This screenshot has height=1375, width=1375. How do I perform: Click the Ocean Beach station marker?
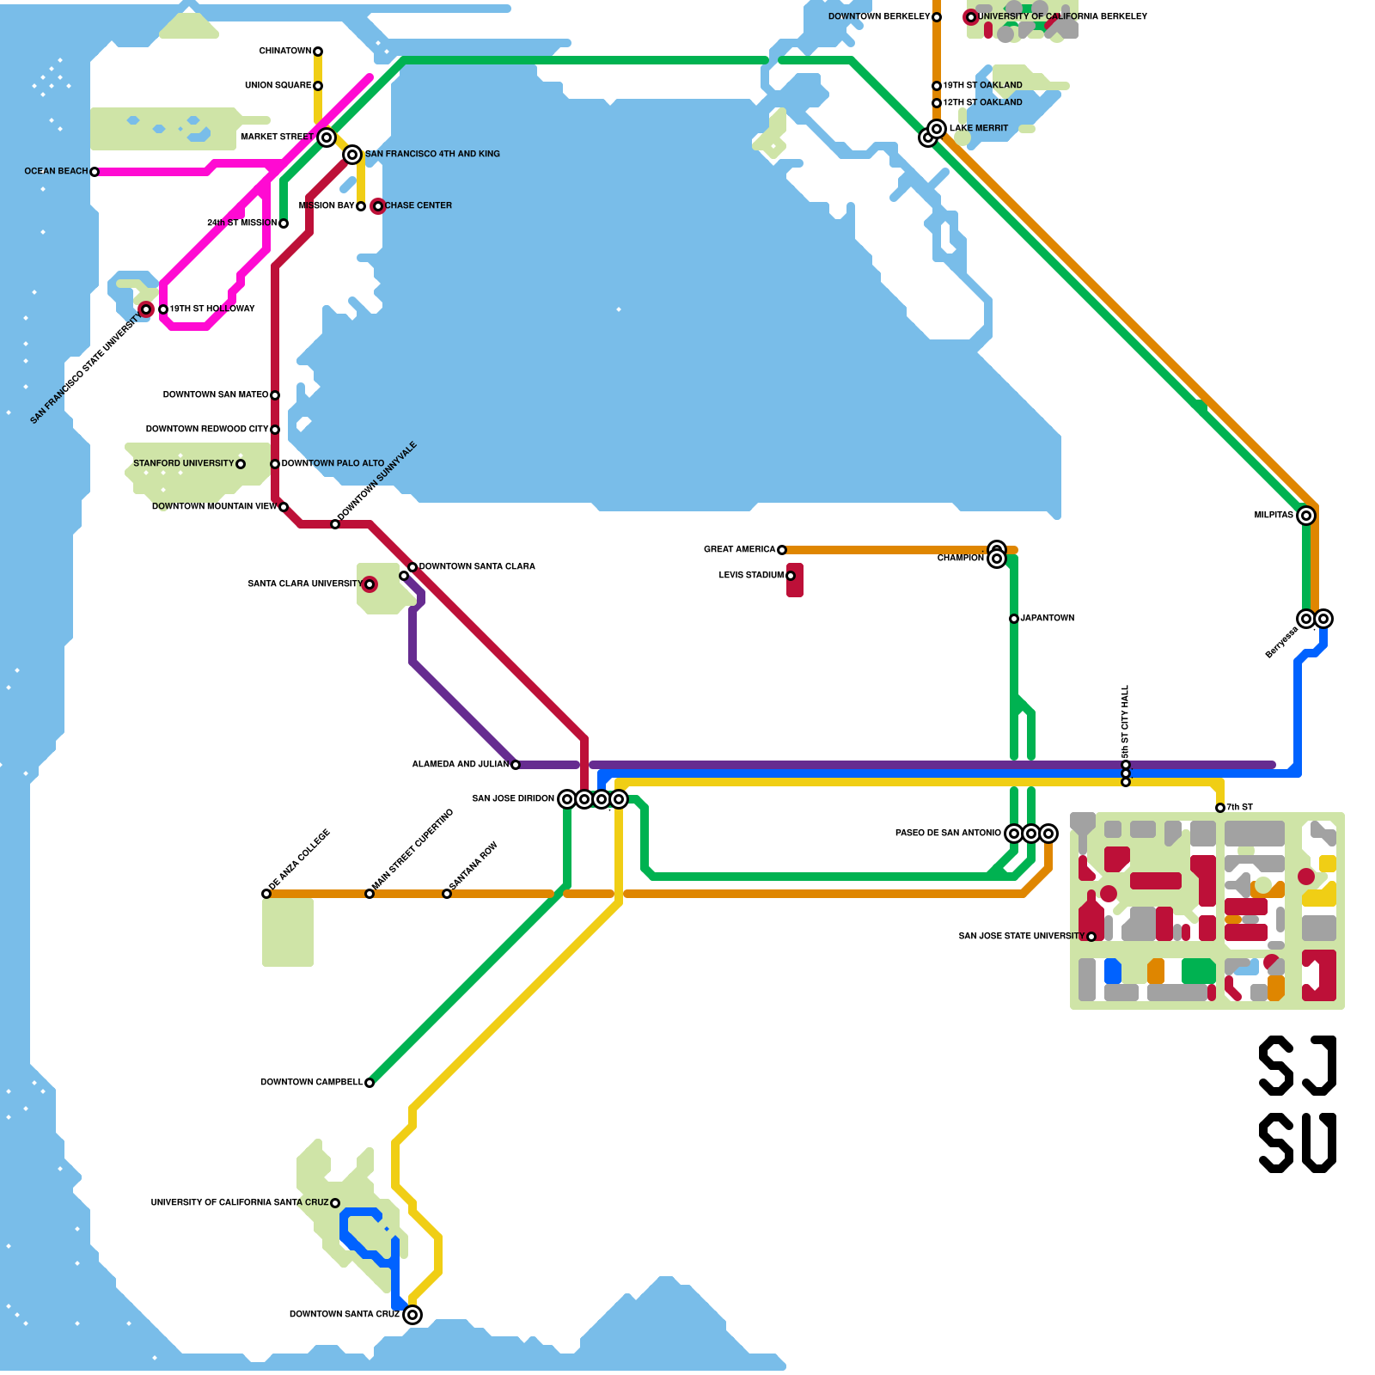pyautogui.click(x=95, y=172)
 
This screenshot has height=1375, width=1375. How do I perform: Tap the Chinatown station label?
pyautogui.click(x=284, y=52)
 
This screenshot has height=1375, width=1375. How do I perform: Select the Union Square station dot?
pyautogui.click(x=318, y=86)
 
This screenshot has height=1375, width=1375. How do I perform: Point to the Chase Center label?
pyautogui.click(x=418, y=205)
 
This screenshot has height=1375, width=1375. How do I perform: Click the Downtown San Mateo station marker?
pyautogui.click(x=275, y=395)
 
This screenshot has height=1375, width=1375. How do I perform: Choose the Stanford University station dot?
pyautogui.click(x=241, y=464)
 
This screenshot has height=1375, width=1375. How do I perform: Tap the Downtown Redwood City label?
pyautogui.click(x=206, y=429)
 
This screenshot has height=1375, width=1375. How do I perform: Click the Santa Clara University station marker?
pyautogui.click(x=370, y=584)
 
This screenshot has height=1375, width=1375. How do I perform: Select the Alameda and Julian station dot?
pyautogui.click(x=516, y=765)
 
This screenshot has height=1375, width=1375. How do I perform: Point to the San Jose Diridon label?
pyautogui.click(x=512, y=798)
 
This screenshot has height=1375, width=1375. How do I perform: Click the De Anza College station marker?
pyautogui.click(x=266, y=894)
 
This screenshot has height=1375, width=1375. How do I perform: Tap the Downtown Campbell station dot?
pyautogui.click(x=370, y=1083)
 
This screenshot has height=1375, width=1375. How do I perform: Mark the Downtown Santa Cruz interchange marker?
pyautogui.click(x=412, y=1315)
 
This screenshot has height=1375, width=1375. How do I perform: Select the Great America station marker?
pyautogui.click(x=782, y=550)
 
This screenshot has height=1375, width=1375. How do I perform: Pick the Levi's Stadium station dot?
pyautogui.click(x=791, y=576)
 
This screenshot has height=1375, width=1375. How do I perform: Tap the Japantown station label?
pyautogui.click(x=1047, y=618)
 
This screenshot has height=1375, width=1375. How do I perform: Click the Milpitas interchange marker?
pyautogui.click(x=1306, y=516)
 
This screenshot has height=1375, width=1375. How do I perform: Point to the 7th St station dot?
pyautogui.click(x=1220, y=808)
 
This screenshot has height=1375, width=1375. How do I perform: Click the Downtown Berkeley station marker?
pyautogui.click(x=937, y=17)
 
